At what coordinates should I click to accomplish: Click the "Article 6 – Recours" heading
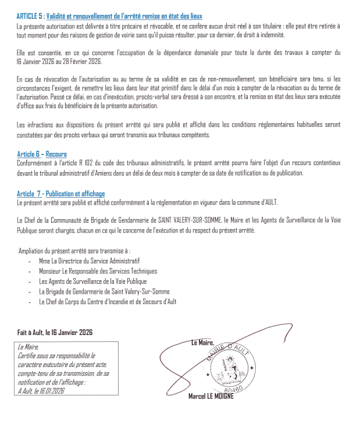[42, 154]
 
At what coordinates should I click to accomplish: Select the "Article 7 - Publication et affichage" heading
[60, 194]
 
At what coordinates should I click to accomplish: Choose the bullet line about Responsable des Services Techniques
[98, 271]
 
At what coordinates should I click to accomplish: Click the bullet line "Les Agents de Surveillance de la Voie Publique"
[92, 281]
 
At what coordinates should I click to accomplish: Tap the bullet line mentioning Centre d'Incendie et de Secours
[108, 302]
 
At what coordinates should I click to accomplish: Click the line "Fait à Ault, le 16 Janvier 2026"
[55, 333]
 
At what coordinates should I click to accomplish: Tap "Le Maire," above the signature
[202, 342]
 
